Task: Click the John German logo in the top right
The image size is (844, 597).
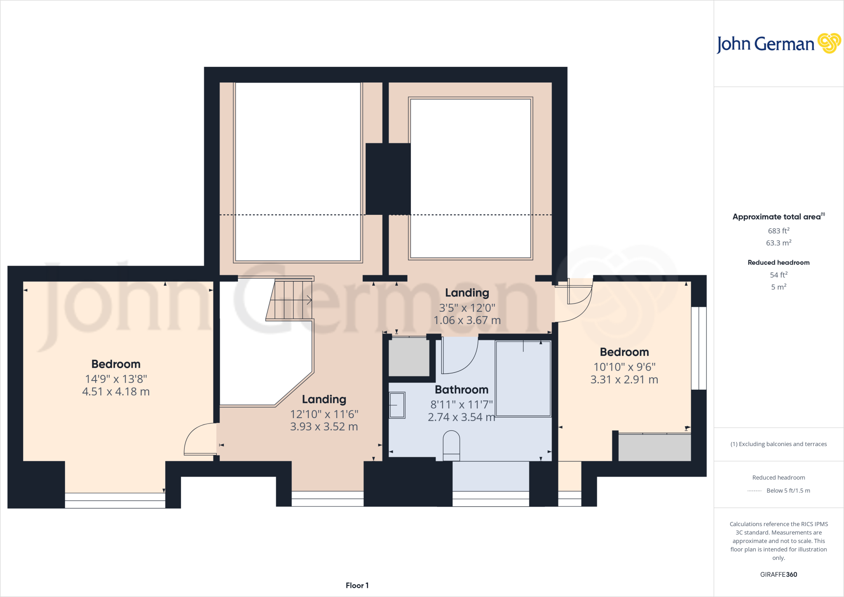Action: (778, 44)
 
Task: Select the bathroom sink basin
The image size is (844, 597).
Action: (397, 405)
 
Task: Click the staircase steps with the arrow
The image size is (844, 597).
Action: (291, 300)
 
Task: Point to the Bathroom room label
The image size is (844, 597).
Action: (462, 390)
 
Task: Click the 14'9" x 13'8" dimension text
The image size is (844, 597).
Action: (116, 379)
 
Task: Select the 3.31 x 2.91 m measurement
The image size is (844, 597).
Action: (624, 380)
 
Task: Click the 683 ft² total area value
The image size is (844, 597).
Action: (778, 231)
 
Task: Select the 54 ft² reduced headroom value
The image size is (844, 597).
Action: (778, 275)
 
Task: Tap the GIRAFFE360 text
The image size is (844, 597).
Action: (778, 574)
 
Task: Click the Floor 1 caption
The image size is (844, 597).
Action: (357, 585)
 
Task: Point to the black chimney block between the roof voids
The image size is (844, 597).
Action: (388, 179)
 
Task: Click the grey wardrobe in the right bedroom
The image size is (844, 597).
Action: (654, 447)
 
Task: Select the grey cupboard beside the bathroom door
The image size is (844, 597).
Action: (409, 357)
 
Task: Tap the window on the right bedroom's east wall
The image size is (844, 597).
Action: (699, 348)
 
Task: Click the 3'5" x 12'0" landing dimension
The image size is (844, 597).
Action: (467, 308)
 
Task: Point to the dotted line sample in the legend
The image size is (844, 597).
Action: (755, 491)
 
